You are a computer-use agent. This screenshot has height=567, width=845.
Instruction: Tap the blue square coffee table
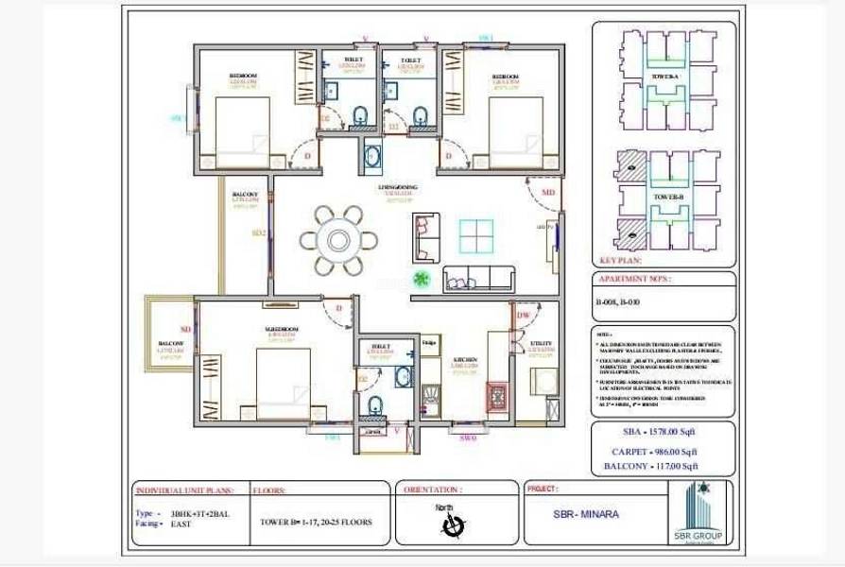coord(475,235)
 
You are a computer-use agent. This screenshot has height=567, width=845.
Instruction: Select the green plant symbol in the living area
coord(422,278)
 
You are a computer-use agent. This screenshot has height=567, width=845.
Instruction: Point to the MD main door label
coord(547,193)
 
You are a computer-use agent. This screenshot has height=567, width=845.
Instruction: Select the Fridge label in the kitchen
coord(428,342)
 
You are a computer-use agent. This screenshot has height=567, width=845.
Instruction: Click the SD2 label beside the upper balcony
coord(258,232)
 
